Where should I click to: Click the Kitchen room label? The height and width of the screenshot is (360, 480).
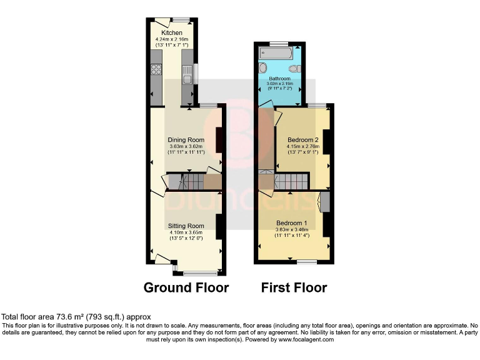click(172, 32)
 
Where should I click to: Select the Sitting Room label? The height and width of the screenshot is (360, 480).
click(186, 226)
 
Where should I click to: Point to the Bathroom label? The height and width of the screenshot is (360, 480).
click(280, 79)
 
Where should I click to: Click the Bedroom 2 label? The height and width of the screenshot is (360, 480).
click(303, 139)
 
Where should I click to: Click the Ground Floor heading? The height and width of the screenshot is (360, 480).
click(186, 287)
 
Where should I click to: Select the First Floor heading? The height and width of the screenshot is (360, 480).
click(294, 287)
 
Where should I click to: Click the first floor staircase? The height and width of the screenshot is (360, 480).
click(291, 182)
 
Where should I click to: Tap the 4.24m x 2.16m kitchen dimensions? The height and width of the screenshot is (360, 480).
click(172, 40)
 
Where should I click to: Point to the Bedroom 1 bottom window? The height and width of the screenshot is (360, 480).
click(306, 262)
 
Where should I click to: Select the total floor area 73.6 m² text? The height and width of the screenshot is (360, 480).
click(76, 317)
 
